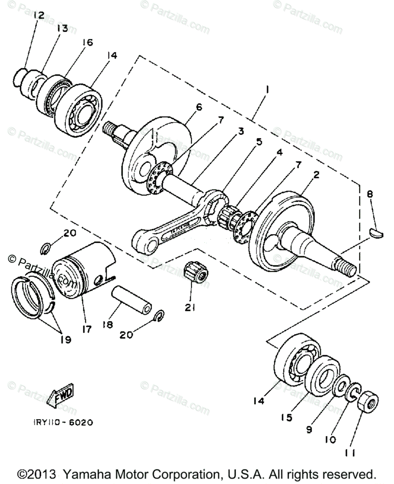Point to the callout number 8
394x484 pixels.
[370, 194]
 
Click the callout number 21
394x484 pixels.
[190, 307]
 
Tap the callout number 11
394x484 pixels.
[350, 453]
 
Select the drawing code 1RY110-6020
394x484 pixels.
[63, 422]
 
